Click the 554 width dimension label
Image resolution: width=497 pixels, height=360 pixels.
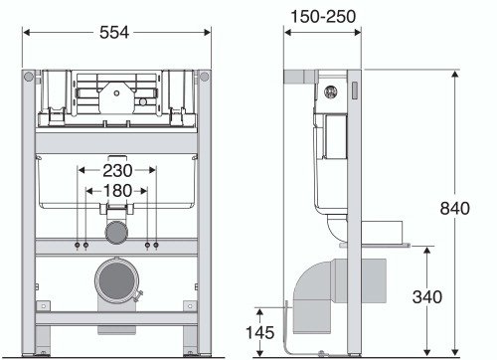(114, 33)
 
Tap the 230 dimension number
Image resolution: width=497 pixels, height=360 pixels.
(117, 171)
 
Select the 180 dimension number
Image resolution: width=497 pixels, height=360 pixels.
(117, 191)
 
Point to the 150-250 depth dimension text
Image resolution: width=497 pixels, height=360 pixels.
(323, 16)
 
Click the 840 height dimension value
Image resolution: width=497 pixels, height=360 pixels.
(455, 208)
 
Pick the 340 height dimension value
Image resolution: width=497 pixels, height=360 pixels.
(427, 296)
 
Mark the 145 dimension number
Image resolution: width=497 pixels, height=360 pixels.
(260, 332)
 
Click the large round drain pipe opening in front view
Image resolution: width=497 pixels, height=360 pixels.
(116, 280)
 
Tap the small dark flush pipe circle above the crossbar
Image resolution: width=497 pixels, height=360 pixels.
(116, 233)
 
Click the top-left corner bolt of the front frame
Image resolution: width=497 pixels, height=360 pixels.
(29, 77)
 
